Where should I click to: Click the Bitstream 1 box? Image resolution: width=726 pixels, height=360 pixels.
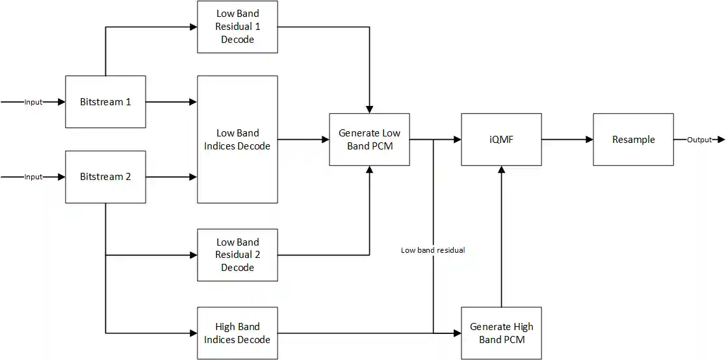point(105,102)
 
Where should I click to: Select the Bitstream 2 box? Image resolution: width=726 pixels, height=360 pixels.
point(105,177)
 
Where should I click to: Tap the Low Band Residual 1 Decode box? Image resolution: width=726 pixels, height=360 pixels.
point(237,27)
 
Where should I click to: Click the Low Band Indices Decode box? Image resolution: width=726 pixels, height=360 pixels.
point(237,139)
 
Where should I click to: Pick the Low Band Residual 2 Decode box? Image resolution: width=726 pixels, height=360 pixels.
point(237,255)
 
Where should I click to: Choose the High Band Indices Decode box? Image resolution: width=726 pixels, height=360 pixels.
point(237,333)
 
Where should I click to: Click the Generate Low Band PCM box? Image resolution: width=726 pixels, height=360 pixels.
point(369,139)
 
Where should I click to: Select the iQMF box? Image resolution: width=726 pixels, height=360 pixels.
point(501,139)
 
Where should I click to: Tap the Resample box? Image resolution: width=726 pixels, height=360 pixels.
point(633,139)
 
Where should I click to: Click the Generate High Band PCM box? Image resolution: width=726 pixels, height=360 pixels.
point(501,333)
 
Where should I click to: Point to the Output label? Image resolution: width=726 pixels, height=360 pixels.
point(699,140)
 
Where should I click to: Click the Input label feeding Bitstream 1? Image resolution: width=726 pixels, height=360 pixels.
point(33,102)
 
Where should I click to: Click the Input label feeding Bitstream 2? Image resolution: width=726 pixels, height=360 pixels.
point(33,177)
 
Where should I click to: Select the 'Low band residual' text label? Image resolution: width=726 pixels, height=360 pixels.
point(433,250)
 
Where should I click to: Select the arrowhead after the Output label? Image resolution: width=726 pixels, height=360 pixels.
point(721,140)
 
